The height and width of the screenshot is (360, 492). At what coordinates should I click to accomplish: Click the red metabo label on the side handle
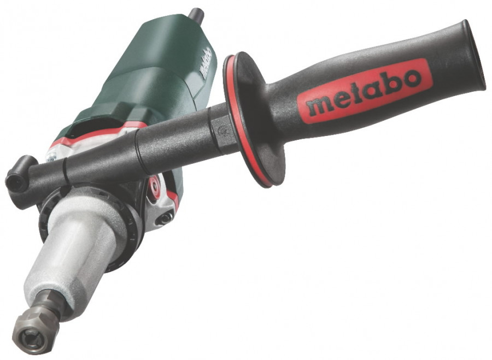pyautogui.click(x=365, y=91)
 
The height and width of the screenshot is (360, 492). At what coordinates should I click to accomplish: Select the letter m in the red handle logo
pyautogui.click(x=317, y=106)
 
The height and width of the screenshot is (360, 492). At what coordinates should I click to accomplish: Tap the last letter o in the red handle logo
pyautogui.click(x=410, y=79)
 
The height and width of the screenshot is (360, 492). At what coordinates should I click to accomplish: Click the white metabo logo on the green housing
pyautogui.click(x=206, y=63)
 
